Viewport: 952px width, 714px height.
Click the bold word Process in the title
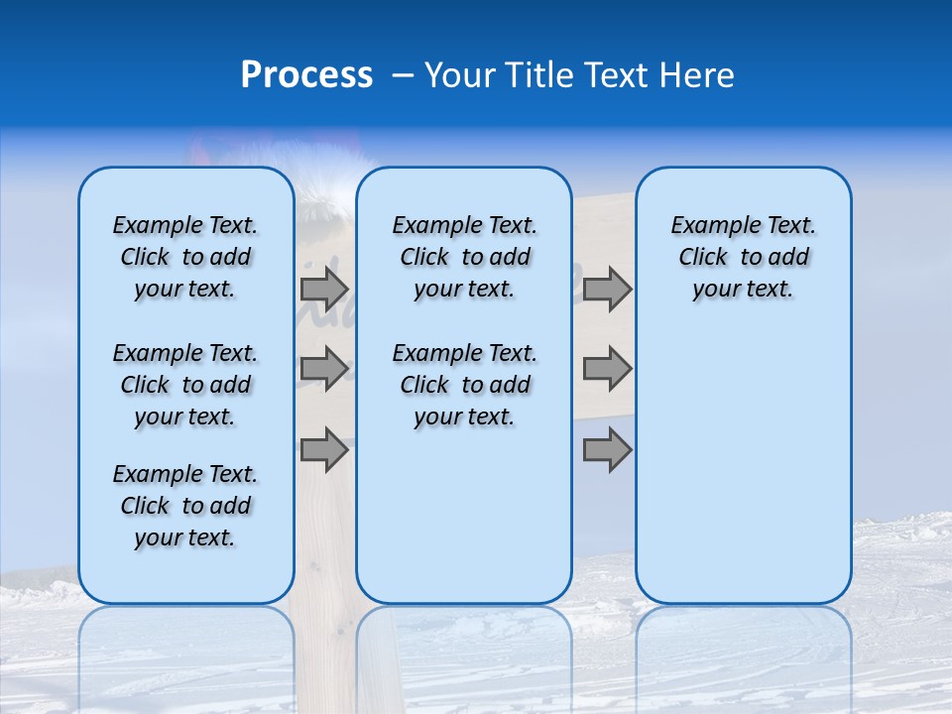click(306, 75)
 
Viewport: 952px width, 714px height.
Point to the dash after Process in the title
click(403, 76)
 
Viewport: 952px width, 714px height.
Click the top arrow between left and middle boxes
click(324, 289)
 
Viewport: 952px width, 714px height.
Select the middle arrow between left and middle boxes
click(324, 369)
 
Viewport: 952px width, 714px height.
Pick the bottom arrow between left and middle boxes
click(324, 449)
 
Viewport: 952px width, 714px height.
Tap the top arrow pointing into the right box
click(607, 289)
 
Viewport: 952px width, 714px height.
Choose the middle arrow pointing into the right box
click(607, 369)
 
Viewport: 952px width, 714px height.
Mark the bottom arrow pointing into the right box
click(607, 449)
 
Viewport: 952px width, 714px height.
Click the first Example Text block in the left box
click(185, 257)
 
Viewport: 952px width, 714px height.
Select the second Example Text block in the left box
click(185, 385)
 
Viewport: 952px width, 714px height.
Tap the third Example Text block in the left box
click(185, 506)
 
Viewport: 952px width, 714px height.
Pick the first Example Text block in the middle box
click(464, 257)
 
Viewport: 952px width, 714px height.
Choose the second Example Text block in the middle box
click(464, 385)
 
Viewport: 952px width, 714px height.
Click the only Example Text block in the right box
click(743, 257)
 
